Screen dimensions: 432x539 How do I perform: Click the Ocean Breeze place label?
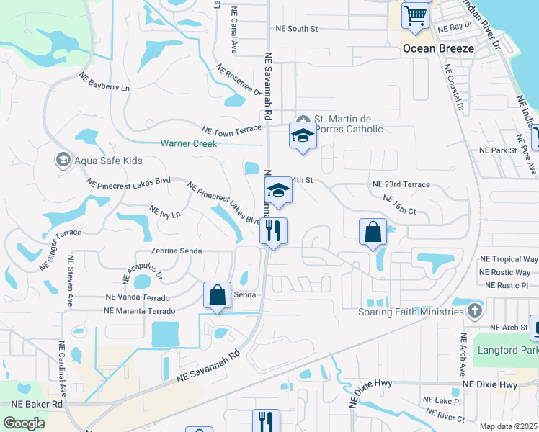click(x=438, y=48)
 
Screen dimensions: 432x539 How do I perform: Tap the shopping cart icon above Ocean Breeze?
click(x=415, y=15)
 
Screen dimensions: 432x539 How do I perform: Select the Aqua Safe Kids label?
click(x=108, y=161)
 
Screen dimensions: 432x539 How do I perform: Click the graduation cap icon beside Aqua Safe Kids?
click(x=63, y=160)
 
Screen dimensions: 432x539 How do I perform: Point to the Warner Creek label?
click(x=189, y=143)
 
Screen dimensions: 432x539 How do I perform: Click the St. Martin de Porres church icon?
click(x=303, y=119)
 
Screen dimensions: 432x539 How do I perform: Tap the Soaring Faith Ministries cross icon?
click(x=474, y=312)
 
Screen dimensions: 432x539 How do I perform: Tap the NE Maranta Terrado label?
click(x=140, y=311)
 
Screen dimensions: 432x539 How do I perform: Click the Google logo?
click(x=24, y=423)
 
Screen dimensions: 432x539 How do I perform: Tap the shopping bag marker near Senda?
click(x=217, y=295)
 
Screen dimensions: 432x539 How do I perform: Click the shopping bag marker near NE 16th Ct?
click(x=373, y=233)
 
